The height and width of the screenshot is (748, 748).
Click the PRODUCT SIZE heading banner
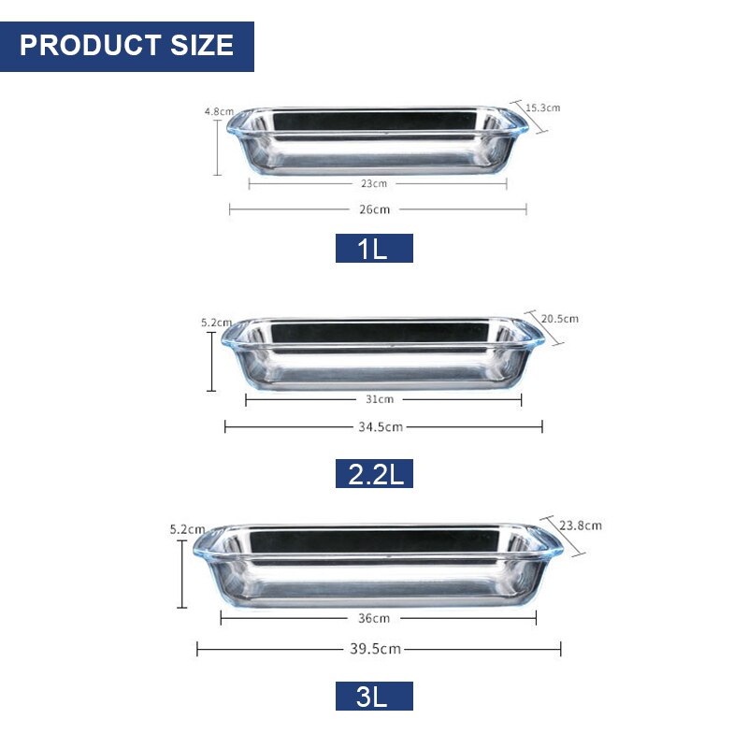(x=127, y=46)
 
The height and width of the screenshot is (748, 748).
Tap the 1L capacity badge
(x=374, y=248)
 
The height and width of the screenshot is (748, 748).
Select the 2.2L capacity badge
(x=374, y=474)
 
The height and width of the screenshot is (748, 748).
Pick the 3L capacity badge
(x=374, y=696)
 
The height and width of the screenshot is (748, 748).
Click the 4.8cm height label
(x=219, y=111)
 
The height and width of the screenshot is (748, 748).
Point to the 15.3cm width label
(x=543, y=108)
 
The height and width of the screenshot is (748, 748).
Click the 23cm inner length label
(x=374, y=183)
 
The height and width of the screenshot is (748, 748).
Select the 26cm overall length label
(x=375, y=209)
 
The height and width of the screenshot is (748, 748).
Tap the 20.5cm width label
(x=559, y=319)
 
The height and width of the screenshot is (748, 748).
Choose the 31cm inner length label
(x=380, y=399)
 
